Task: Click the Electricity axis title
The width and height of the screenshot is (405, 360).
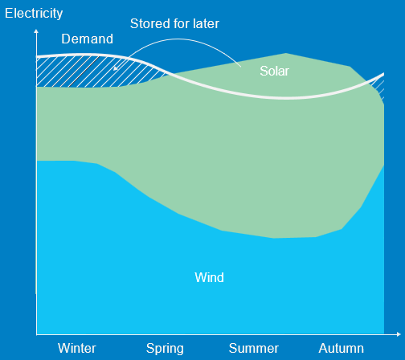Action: (x=34, y=14)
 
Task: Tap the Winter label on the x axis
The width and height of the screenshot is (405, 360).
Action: (x=77, y=348)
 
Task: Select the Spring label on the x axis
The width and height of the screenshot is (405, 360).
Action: (x=165, y=349)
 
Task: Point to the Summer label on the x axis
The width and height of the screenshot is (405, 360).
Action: (x=254, y=348)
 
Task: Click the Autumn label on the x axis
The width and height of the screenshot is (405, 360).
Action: (x=342, y=348)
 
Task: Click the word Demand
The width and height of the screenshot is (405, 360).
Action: (x=88, y=39)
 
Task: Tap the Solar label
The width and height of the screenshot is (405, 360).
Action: (x=275, y=71)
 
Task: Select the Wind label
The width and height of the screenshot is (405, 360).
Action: (x=210, y=277)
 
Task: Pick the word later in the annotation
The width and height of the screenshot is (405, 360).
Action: (x=207, y=23)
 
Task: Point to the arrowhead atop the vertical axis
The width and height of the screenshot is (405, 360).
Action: (x=36, y=31)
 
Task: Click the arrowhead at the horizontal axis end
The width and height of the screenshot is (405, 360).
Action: (x=399, y=334)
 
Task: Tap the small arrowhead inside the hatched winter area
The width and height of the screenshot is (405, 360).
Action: (x=116, y=68)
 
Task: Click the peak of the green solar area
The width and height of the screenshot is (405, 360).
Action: (x=286, y=54)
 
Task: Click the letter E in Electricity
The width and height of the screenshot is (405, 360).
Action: (x=9, y=13)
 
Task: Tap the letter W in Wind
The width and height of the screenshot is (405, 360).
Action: (x=200, y=277)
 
